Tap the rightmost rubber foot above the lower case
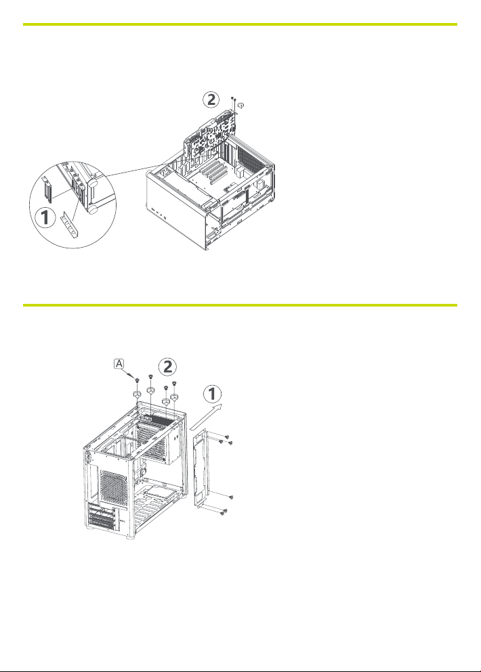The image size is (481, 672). click(x=174, y=399)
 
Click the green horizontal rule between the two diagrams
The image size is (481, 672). click(x=240, y=305)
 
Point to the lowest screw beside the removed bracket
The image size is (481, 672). click(x=224, y=516)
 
